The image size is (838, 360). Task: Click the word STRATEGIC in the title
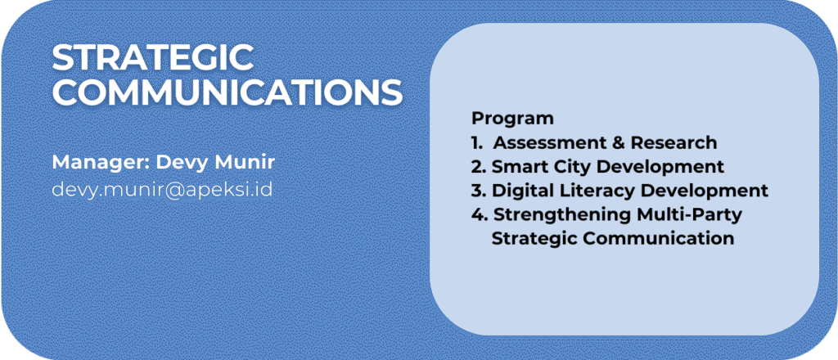click(x=153, y=58)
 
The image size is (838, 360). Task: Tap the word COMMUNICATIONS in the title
click(x=228, y=92)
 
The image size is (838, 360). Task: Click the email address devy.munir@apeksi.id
click(x=163, y=190)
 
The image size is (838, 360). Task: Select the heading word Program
click(x=512, y=119)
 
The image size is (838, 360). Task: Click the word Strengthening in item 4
click(x=563, y=214)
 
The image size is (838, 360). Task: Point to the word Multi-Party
click(x=690, y=214)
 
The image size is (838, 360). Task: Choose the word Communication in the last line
click(x=659, y=238)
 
